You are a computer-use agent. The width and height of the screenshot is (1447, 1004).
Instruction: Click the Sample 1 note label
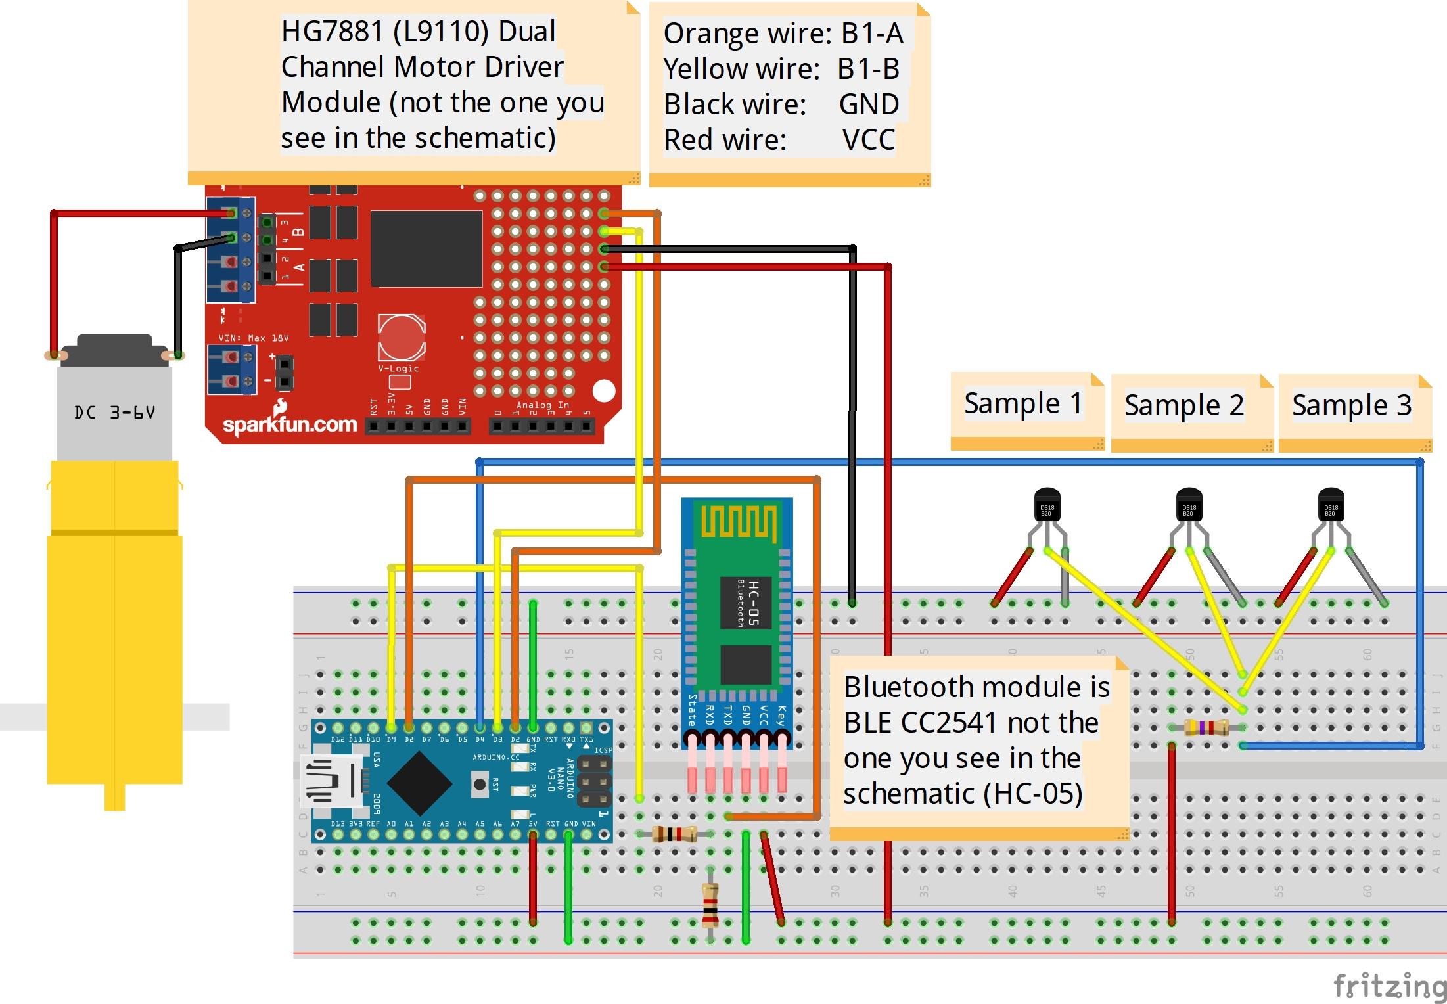(1022, 403)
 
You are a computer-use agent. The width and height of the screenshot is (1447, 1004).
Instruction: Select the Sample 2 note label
(1184, 405)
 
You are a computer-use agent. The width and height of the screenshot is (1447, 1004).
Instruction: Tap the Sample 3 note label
(1351, 405)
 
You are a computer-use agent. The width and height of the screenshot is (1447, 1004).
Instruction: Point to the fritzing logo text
(1389, 986)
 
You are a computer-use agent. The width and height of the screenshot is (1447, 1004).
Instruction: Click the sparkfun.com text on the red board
(290, 424)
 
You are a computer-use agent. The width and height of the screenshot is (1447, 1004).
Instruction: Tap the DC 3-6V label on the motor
(114, 413)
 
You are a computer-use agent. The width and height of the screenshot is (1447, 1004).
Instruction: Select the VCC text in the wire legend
(868, 140)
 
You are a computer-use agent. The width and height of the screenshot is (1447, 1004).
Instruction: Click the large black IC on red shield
(426, 248)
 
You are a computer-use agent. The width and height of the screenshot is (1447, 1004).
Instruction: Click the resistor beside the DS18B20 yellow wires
(1206, 727)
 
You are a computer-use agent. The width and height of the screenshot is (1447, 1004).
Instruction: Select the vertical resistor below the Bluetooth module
(710, 905)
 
